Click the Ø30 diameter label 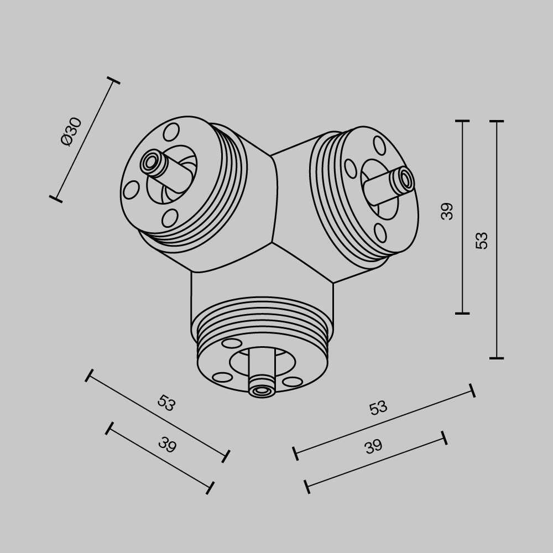[x=71, y=131]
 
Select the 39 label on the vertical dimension [x=447, y=211]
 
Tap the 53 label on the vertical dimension [x=482, y=240]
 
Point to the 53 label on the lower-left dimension [x=166, y=403]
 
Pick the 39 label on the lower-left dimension [x=166, y=445]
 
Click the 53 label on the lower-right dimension [x=378, y=408]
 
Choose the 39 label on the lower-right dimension [x=373, y=447]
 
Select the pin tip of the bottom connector [x=262, y=390]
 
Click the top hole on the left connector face [x=171, y=132]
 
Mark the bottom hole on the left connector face [x=170, y=218]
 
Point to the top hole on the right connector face [x=379, y=145]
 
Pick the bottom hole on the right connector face [x=380, y=233]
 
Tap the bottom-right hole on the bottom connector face [x=292, y=382]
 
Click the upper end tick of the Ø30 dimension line [x=113, y=81]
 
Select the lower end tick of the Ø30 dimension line [x=55, y=199]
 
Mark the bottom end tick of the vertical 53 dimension [x=497, y=358]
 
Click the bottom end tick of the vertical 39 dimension [x=462, y=314]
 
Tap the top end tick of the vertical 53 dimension [x=497, y=121]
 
